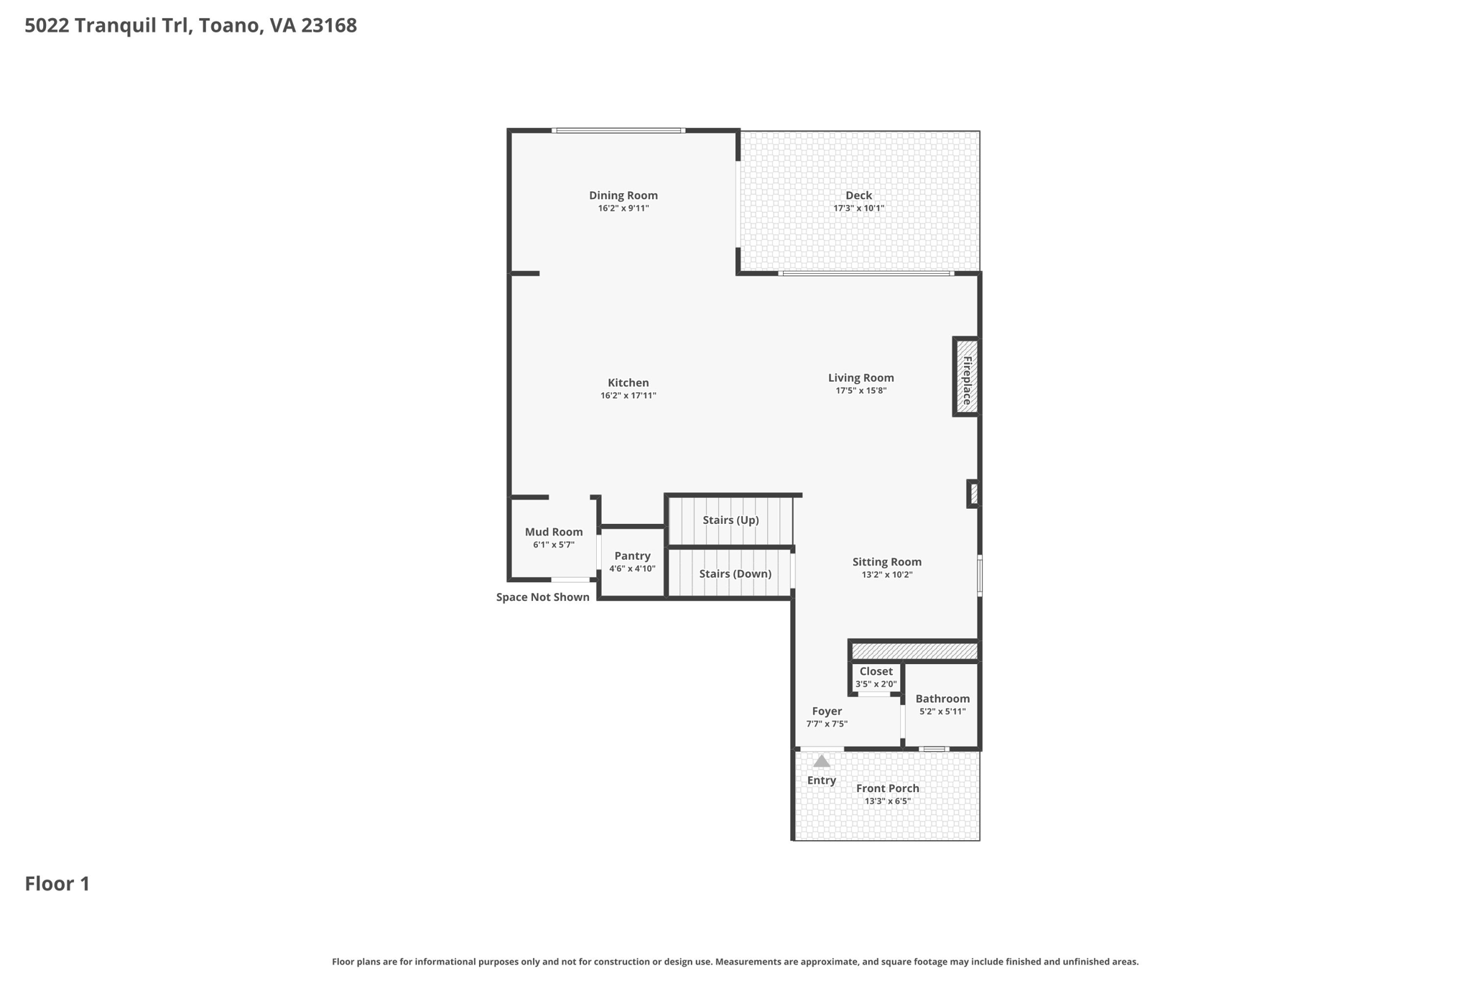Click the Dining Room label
click(623, 195)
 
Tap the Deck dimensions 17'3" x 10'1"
click(858, 208)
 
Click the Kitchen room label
click(628, 383)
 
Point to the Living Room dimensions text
click(860, 391)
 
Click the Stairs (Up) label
click(730, 520)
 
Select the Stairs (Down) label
click(735, 574)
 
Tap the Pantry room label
click(632, 556)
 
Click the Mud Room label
click(553, 532)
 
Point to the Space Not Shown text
click(542, 597)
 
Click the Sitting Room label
click(886, 562)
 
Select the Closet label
click(876, 671)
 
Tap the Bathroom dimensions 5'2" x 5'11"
click(942, 711)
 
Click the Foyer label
click(827, 711)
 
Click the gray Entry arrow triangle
click(821, 761)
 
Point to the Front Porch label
click(887, 788)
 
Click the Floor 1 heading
click(57, 884)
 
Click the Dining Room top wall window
click(618, 131)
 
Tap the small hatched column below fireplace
click(974, 494)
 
